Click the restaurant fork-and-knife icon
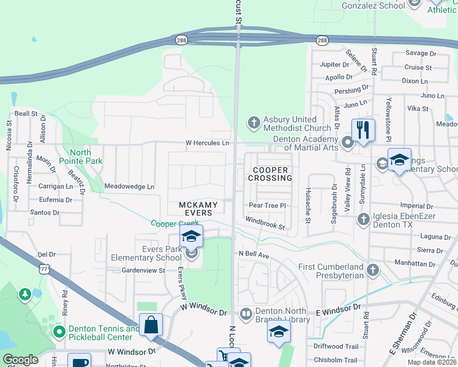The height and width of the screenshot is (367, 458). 363,130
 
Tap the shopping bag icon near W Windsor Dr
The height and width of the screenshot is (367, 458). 151,325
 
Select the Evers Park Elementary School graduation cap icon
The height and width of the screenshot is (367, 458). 192,237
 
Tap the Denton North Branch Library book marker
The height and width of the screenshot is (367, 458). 246,314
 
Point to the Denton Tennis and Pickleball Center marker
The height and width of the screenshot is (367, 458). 59,332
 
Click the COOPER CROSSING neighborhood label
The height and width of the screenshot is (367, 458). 270,174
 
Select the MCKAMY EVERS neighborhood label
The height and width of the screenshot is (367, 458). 195,209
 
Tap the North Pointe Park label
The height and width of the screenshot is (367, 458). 80,157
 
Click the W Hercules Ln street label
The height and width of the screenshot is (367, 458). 208,143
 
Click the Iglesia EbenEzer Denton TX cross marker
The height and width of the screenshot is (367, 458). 363,218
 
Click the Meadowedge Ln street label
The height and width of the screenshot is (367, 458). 130,186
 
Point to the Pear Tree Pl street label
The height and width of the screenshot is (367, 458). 267,206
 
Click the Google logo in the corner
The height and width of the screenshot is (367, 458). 20,360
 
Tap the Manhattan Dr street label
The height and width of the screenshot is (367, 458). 414,264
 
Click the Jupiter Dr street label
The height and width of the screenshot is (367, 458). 334,64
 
